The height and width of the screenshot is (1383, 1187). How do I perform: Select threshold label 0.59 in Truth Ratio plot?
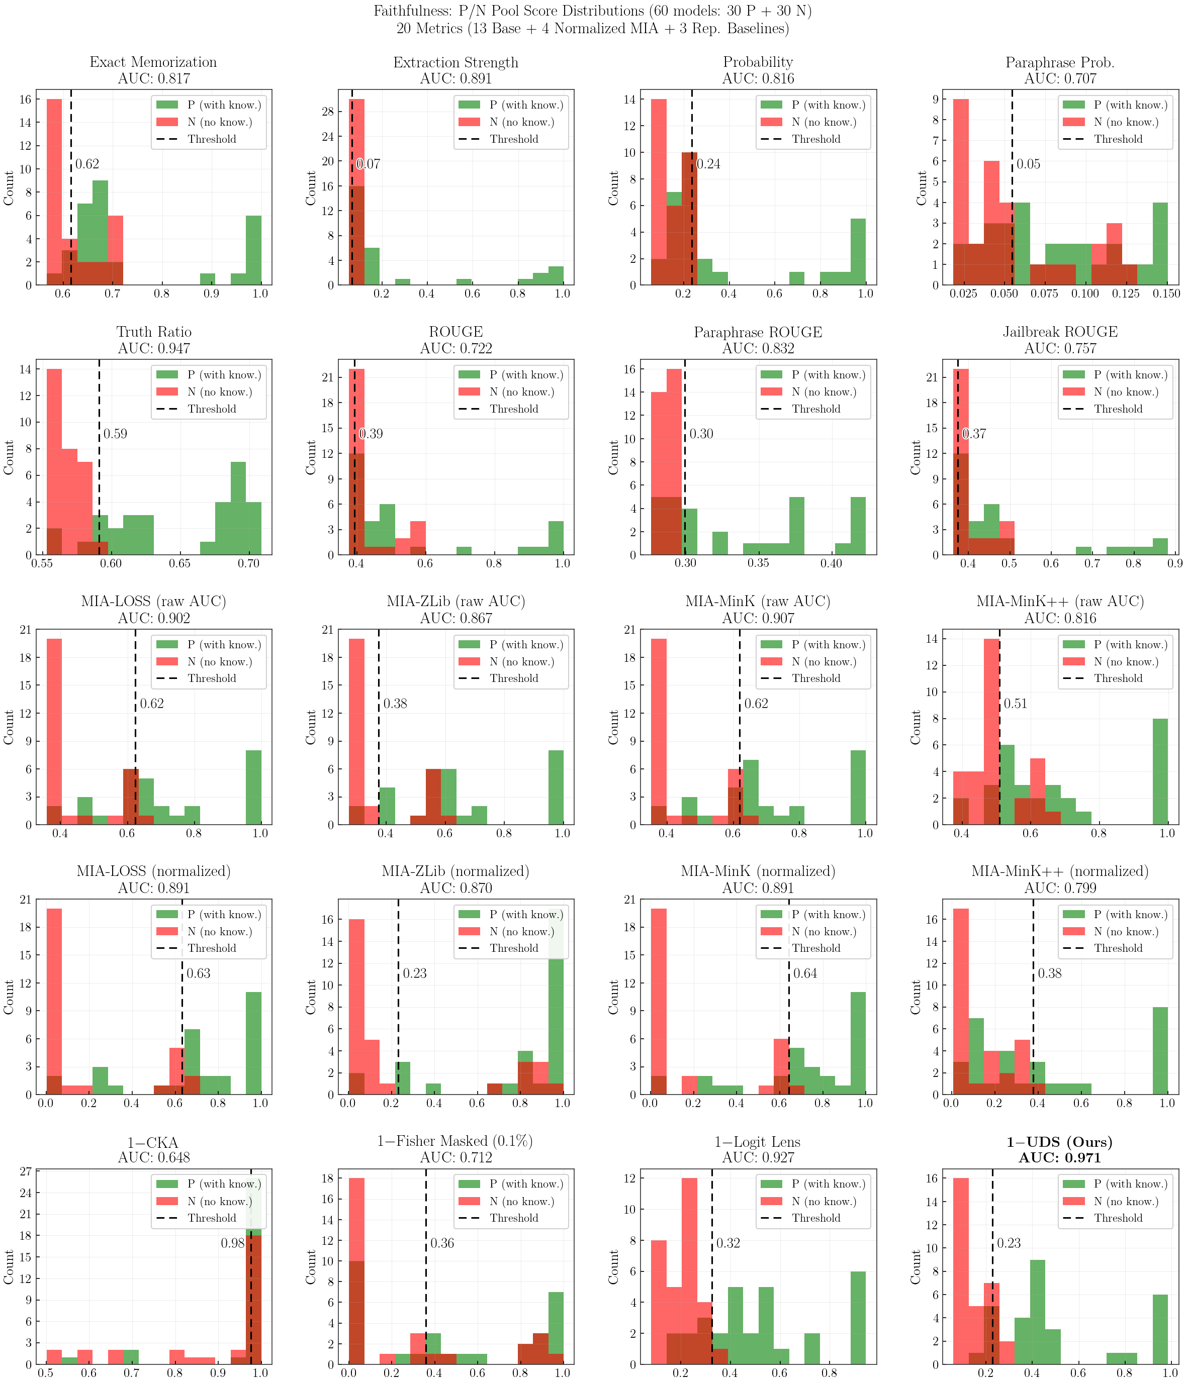[115, 434]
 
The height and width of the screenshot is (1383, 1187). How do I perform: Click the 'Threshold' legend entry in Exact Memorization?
[212, 139]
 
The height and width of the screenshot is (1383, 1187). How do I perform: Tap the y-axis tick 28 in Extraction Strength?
[326, 112]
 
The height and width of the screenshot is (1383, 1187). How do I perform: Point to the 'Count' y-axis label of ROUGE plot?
[311, 457]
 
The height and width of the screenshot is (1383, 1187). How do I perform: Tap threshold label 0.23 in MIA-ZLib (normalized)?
[415, 973]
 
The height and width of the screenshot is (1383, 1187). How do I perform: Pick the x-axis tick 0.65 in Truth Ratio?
[179, 563]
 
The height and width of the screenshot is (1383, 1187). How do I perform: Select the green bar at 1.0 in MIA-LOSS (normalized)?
[253, 1043]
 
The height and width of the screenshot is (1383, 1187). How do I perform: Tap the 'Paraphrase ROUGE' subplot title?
[758, 332]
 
